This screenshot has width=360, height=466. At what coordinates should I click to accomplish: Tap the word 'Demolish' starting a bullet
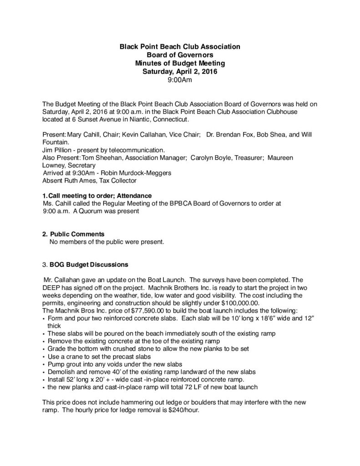61,371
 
